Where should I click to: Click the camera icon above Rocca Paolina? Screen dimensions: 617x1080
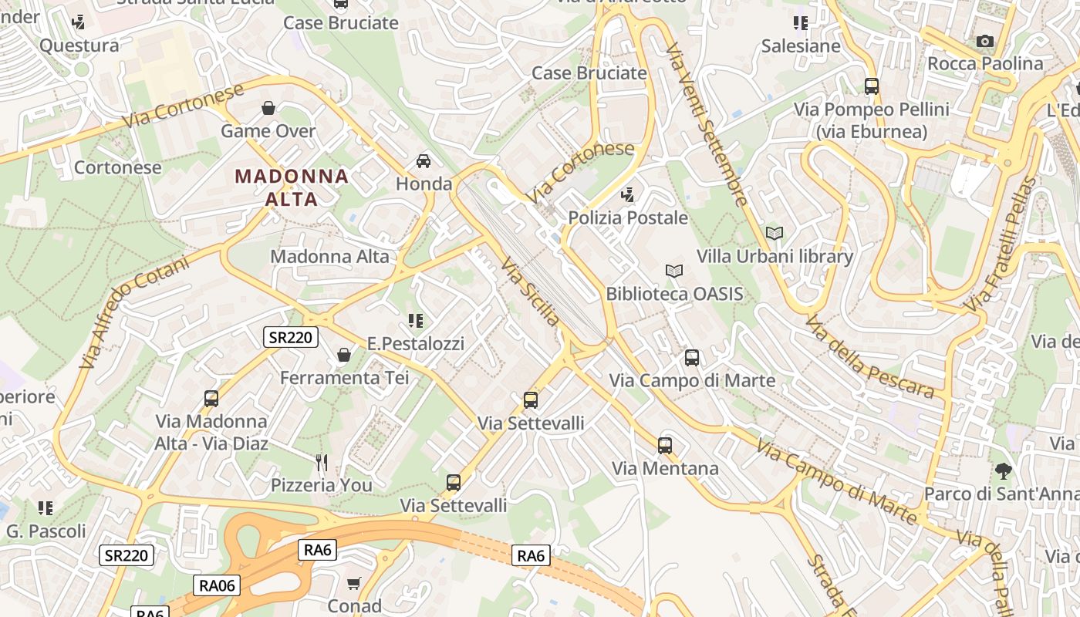click(x=984, y=42)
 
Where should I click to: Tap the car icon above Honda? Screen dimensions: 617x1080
click(x=424, y=161)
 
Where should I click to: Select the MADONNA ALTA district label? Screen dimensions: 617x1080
click(x=292, y=187)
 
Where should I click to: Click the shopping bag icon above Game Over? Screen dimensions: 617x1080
click(x=268, y=108)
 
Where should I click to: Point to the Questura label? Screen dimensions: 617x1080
click(x=79, y=46)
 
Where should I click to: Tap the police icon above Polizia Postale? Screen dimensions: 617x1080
click(x=629, y=195)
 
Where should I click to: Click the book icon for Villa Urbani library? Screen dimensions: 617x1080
click(x=775, y=233)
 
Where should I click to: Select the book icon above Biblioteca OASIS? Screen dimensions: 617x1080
click(x=674, y=271)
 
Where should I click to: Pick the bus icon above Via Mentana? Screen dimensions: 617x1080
click(x=665, y=446)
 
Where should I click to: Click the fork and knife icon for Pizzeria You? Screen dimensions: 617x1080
click(x=322, y=463)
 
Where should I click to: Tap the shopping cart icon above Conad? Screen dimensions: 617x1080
click(x=354, y=583)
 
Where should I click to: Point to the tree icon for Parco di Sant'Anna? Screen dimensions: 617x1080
click(x=1003, y=470)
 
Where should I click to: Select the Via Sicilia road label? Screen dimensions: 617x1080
click(x=531, y=292)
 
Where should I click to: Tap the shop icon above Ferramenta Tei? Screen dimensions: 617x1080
click(x=344, y=355)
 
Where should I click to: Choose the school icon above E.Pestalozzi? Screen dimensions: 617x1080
click(x=416, y=321)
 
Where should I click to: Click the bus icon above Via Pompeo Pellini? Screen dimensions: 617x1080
click(x=872, y=86)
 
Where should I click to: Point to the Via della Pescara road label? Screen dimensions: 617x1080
click(x=869, y=356)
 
